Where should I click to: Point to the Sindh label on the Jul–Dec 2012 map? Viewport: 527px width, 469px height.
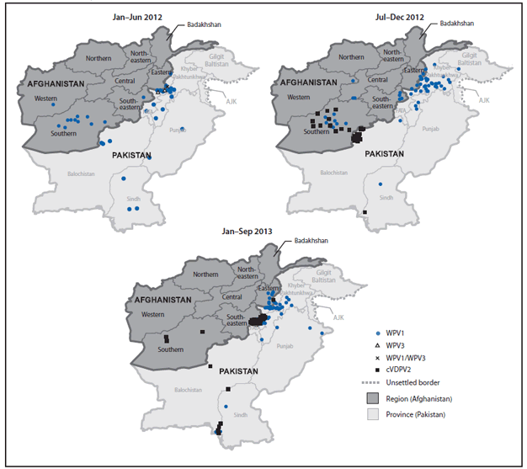[386, 197]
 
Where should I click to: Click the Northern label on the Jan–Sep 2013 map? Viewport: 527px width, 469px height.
[205, 275]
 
